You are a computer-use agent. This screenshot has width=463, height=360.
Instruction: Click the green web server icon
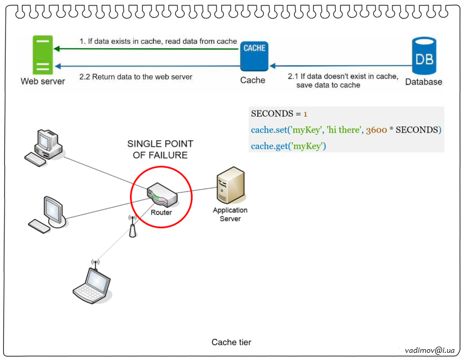coord(42,55)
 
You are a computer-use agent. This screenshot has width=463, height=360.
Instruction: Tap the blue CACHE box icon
coord(254,56)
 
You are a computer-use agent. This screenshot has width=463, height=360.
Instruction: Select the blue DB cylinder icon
coord(424,56)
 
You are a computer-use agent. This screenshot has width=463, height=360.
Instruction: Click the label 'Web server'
coord(43,81)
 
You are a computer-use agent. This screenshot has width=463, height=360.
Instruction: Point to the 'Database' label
coord(423,82)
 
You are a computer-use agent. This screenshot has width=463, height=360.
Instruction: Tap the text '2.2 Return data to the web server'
coord(136,77)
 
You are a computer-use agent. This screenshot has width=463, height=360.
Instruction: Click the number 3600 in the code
coord(376,130)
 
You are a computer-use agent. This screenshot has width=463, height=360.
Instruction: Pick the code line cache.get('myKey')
coord(289,147)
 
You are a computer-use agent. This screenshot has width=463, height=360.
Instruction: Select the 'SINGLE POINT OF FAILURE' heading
coord(161,149)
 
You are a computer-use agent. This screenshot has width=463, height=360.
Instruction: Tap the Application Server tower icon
coord(230,185)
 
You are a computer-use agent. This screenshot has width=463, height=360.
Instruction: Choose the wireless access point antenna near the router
coord(132,226)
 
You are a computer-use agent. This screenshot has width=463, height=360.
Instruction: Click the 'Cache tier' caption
coord(232,342)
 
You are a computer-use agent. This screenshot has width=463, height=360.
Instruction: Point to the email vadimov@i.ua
coord(430,350)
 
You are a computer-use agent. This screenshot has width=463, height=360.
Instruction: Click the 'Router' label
coord(161,212)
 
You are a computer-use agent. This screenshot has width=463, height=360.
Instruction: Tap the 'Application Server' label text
coord(230,214)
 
